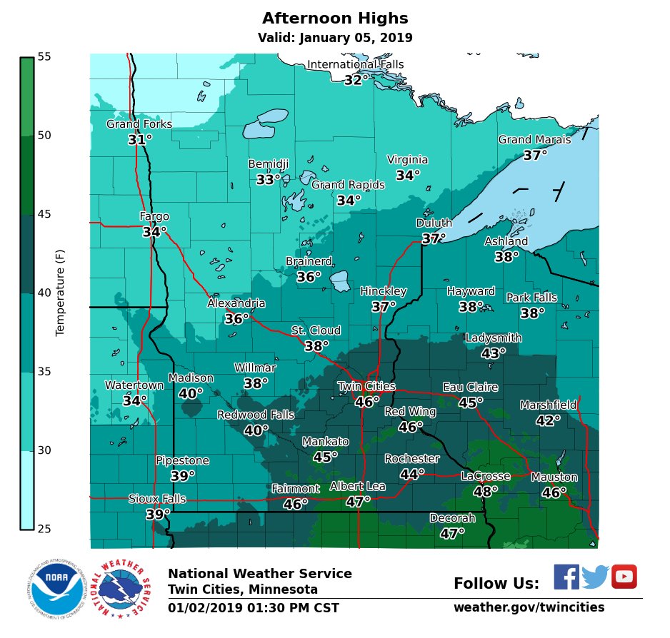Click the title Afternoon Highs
click(x=335, y=19)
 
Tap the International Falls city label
click(x=355, y=65)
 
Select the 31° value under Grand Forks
click(x=140, y=140)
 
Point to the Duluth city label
click(x=434, y=223)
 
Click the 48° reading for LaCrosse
click(x=486, y=492)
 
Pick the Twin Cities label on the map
click(x=366, y=387)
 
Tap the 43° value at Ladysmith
click(x=494, y=353)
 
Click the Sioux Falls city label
click(x=157, y=499)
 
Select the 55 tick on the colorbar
click(x=44, y=56)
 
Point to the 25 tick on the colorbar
click(x=44, y=529)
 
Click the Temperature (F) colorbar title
click(x=60, y=293)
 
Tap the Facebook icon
click(x=566, y=577)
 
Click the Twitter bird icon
click(x=595, y=577)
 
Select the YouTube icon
click(x=624, y=577)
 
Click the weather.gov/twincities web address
click(x=529, y=607)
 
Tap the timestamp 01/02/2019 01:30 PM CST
click(x=254, y=608)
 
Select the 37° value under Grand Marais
click(x=535, y=155)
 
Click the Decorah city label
click(x=452, y=518)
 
